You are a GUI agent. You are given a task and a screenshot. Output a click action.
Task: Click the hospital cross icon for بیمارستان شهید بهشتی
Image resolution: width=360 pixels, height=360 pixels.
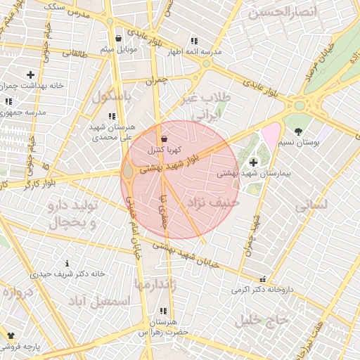[x=253, y=162]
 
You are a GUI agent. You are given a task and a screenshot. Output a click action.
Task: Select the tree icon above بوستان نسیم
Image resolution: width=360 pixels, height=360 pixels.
[x=298, y=131]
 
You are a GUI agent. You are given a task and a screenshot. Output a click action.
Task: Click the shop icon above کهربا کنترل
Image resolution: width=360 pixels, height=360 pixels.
[x=164, y=139]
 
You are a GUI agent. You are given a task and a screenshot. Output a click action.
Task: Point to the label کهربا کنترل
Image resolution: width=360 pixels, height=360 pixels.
[x=165, y=150]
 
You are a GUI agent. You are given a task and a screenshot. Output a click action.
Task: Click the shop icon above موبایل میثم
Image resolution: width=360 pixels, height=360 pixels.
[x=117, y=38]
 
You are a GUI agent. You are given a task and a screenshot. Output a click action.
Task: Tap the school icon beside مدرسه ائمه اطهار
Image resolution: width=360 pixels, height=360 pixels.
[x=193, y=41]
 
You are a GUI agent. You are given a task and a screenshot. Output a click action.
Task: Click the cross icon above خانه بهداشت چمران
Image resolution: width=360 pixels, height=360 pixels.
[x=30, y=74]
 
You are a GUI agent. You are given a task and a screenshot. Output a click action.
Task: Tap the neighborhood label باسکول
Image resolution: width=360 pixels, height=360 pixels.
[x=111, y=96]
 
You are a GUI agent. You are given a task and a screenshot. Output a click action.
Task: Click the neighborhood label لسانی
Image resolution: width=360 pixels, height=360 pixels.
[x=311, y=205]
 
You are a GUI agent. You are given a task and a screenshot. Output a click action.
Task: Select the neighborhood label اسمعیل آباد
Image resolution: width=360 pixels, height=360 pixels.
[x=101, y=301]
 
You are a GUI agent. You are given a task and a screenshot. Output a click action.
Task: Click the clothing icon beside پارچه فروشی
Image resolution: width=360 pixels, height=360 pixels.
[x=11, y=335]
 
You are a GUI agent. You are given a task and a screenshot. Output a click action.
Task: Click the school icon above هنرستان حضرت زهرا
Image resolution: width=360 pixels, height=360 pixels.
[x=164, y=311]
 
